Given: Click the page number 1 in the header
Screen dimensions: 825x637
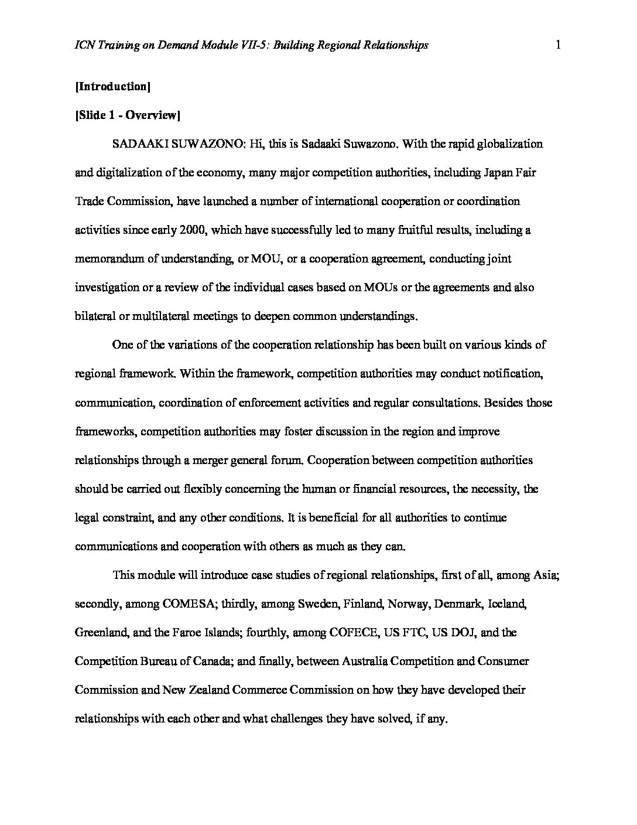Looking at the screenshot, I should (558, 45).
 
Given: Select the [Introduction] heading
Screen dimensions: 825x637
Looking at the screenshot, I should (113, 87).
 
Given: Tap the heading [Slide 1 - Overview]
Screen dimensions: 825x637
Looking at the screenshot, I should (127, 115).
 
